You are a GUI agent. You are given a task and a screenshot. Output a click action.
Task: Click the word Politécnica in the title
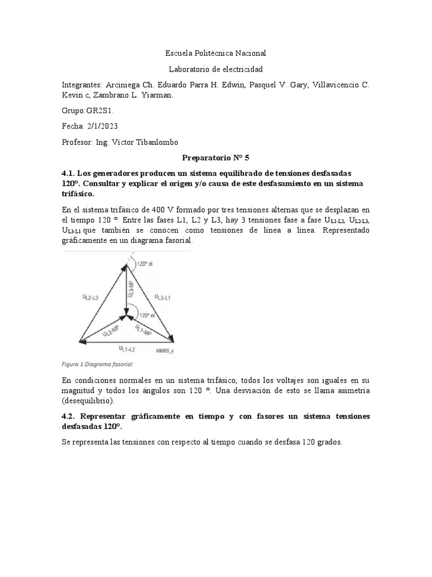[217, 53]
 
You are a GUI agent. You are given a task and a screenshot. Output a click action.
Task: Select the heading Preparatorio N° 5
[216, 159]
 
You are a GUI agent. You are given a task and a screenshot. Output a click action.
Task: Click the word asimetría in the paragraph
[354, 390]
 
